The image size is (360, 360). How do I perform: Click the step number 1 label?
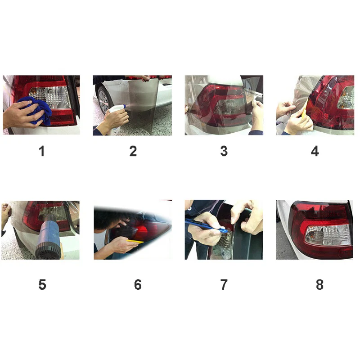(41, 151)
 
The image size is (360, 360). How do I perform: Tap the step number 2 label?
(133, 151)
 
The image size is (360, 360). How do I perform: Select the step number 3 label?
(224, 151)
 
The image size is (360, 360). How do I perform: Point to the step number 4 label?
(315, 151)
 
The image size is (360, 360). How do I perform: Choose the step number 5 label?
(42, 285)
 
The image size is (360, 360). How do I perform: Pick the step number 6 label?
(138, 285)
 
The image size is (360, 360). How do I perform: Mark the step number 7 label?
(224, 285)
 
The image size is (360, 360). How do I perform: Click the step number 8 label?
(319, 285)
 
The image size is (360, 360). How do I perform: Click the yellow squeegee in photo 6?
(135, 241)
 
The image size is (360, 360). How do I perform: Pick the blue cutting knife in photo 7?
(207, 226)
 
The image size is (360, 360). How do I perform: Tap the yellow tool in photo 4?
(304, 111)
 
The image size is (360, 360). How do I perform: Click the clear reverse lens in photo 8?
(328, 235)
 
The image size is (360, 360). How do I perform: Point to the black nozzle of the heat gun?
(49, 251)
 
